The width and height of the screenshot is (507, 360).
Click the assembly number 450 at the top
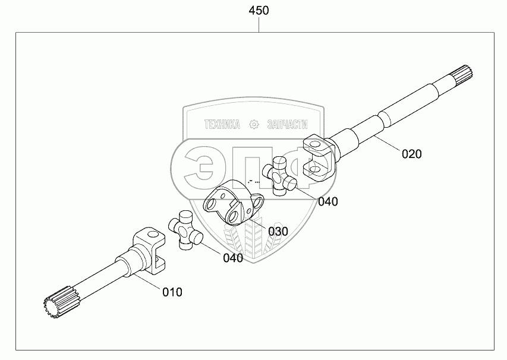(x=259, y=11)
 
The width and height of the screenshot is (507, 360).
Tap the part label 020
(x=411, y=154)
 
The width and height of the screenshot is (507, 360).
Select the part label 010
(x=172, y=292)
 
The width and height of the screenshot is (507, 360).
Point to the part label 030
(x=277, y=230)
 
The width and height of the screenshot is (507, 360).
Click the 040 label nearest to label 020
(x=327, y=201)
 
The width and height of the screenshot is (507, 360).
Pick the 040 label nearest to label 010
(x=233, y=258)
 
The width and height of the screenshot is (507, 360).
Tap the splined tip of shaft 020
(x=463, y=75)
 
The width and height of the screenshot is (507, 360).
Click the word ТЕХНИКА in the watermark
(x=221, y=124)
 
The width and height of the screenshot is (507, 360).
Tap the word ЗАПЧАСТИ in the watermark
(x=288, y=124)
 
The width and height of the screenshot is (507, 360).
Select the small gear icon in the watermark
(x=254, y=124)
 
